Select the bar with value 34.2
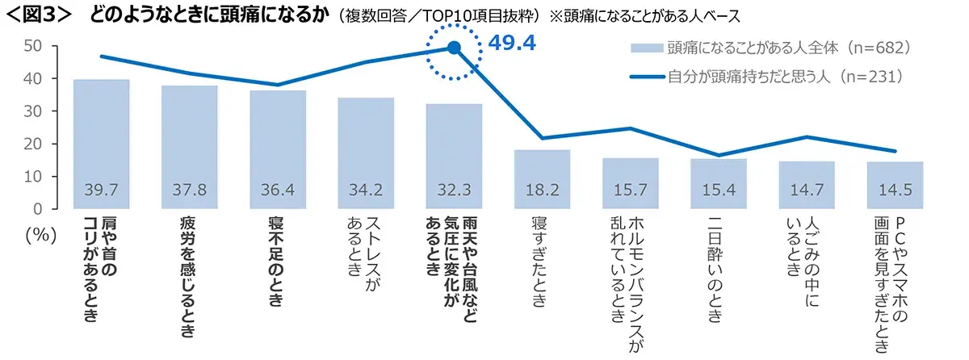(x=366, y=153)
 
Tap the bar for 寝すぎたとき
(x=542, y=178)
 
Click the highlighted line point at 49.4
(x=454, y=48)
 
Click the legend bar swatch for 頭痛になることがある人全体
(x=646, y=49)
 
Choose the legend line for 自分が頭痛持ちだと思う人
(x=646, y=77)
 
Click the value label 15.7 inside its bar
(x=630, y=191)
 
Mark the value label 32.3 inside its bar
(x=454, y=191)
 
